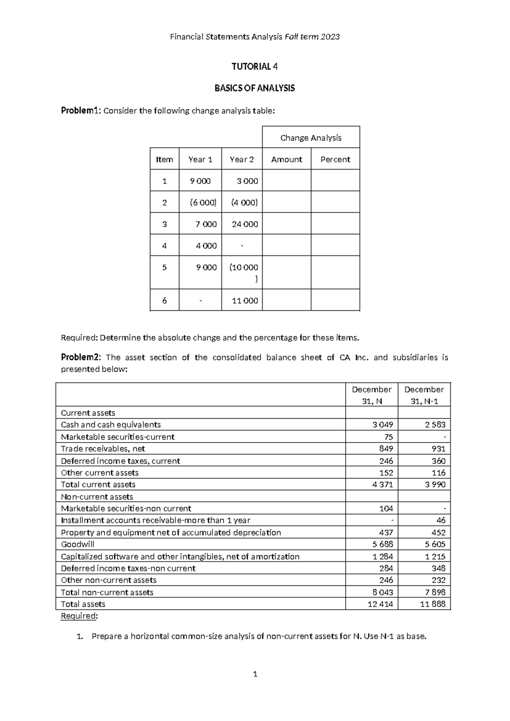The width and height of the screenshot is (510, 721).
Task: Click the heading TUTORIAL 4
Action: (x=254, y=66)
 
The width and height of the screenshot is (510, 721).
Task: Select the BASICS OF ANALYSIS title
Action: (x=254, y=88)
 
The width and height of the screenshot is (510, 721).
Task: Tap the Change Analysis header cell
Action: (x=311, y=138)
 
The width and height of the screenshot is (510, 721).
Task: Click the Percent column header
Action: (x=335, y=159)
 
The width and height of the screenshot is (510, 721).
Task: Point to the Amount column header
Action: (x=286, y=159)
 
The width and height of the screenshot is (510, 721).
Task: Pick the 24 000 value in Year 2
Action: (x=245, y=224)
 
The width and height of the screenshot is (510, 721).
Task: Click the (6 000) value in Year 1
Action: (x=203, y=202)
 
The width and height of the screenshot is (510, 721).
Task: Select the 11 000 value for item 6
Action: (x=245, y=301)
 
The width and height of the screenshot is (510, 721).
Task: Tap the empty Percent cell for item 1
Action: (x=335, y=181)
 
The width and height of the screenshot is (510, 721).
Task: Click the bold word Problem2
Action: (x=81, y=358)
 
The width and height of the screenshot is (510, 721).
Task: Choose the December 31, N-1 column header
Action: (x=424, y=395)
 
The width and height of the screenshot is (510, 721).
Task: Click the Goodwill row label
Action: (x=77, y=544)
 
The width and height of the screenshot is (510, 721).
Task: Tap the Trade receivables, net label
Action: (x=103, y=448)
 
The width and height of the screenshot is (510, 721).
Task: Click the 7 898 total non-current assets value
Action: (x=434, y=592)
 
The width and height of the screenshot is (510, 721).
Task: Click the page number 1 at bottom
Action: (x=255, y=674)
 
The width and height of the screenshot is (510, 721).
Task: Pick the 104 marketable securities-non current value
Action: (x=386, y=508)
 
